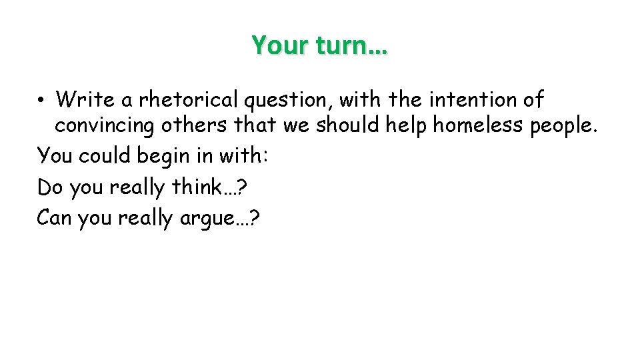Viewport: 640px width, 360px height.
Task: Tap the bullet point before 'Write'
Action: [x=41, y=100]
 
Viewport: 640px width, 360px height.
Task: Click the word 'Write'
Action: [x=83, y=100]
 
